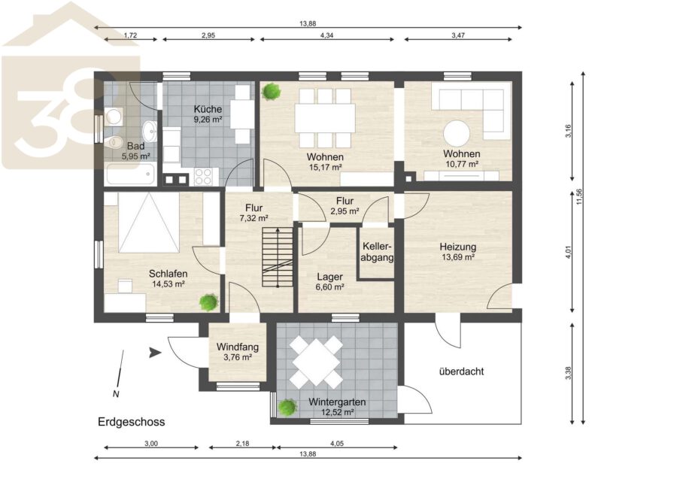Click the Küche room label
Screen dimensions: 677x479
tap(208, 109)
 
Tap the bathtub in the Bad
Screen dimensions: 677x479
tap(129, 174)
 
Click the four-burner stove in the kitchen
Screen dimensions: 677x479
tap(204, 176)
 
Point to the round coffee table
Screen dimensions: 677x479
tap(457, 134)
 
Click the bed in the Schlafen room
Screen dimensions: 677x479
tap(148, 222)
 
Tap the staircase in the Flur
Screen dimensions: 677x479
tap(278, 257)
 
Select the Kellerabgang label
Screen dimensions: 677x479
tap(377, 252)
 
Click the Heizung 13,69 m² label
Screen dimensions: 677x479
tap(457, 252)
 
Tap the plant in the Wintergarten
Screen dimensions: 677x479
tap(287, 407)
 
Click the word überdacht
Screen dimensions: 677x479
tap(461, 371)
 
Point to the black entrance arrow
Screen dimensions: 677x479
tap(155, 353)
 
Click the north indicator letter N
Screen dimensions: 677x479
tap(116, 393)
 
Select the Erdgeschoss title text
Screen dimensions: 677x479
tap(131, 422)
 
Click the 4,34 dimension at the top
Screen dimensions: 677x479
tap(327, 35)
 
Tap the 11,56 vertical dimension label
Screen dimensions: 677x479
tap(579, 196)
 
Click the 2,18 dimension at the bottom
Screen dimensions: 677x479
tap(243, 443)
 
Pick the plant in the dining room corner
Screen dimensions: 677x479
tap(272, 91)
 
